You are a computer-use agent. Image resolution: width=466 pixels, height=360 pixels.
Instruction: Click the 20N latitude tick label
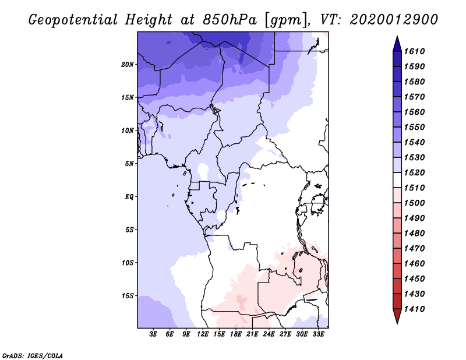[128, 64]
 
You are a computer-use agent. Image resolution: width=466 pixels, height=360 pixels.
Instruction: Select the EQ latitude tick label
[129, 197]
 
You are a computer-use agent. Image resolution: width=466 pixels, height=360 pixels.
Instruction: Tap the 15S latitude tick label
[128, 296]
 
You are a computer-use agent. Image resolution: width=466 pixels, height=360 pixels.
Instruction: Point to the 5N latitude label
[129, 164]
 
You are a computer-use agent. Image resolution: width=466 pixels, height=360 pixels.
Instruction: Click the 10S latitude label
[128, 263]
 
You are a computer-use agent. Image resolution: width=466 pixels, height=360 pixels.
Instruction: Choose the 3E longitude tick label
[154, 334]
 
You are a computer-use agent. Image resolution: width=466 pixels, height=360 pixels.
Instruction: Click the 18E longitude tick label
[236, 334]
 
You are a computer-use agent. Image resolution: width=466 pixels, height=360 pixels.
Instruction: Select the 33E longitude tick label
[318, 334]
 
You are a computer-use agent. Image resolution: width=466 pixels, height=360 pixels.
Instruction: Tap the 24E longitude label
[269, 334]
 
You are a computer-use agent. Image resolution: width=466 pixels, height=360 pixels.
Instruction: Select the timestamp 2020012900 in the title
[394, 20]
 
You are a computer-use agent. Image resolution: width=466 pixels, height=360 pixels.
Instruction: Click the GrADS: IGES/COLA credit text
[32, 355]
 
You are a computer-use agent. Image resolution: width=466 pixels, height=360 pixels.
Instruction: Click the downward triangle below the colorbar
[397, 317]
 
